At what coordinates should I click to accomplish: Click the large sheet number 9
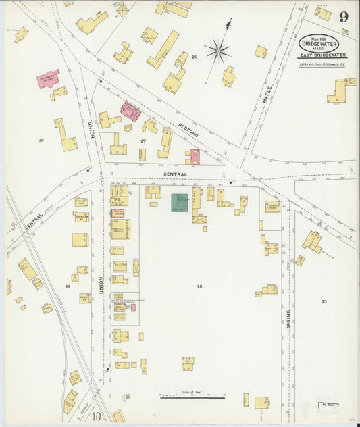point(344,17)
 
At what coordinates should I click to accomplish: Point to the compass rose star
point(218,50)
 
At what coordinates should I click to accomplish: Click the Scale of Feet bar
point(192,397)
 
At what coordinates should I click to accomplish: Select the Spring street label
point(288,318)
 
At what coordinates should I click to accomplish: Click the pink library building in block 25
point(48,78)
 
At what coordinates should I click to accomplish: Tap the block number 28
point(199,286)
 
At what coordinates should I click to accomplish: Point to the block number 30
point(324,301)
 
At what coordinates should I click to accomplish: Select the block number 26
point(194,57)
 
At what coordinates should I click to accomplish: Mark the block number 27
point(143,141)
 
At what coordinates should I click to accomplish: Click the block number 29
point(68,286)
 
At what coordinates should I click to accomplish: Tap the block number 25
point(41,140)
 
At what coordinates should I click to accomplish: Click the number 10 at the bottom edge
point(97,416)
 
